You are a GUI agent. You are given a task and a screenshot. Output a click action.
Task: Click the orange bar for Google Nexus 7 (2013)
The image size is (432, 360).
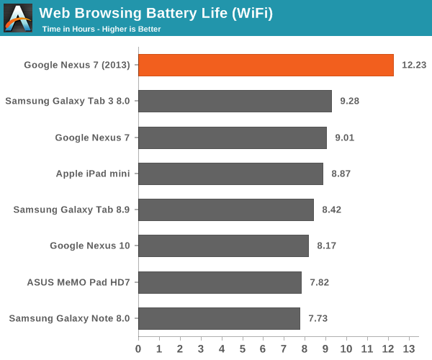tap(266, 65)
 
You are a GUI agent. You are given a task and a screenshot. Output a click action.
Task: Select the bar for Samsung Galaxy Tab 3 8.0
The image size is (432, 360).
tap(235, 101)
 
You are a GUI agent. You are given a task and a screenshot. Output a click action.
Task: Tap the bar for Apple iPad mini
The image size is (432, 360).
tap(230, 174)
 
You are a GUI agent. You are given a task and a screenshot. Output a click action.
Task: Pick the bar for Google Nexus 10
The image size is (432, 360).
tap(223, 246)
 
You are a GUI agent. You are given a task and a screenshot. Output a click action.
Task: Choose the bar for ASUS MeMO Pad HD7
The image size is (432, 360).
tap(220, 282)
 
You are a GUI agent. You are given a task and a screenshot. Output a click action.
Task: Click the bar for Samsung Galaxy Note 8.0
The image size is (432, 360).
tap(219, 318)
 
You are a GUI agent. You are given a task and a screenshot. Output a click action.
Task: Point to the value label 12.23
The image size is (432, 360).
tap(414, 65)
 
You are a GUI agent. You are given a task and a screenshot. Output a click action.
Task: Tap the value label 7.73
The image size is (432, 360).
tap(320, 318)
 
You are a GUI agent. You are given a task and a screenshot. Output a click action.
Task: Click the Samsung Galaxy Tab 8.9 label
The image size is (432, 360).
tap(71, 210)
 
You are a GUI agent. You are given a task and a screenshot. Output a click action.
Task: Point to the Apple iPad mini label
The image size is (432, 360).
tap(93, 174)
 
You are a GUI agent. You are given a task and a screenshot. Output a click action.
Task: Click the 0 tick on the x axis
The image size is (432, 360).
tap(139, 348)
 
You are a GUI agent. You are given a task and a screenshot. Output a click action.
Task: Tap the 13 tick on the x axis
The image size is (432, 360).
tap(409, 348)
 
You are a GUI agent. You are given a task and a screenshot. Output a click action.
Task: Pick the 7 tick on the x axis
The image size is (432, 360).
tap(284, 348)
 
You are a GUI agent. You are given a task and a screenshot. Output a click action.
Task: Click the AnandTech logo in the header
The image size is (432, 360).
tap(18, 18)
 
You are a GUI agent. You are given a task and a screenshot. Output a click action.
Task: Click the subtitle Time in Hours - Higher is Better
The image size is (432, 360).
tap(101, 29)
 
